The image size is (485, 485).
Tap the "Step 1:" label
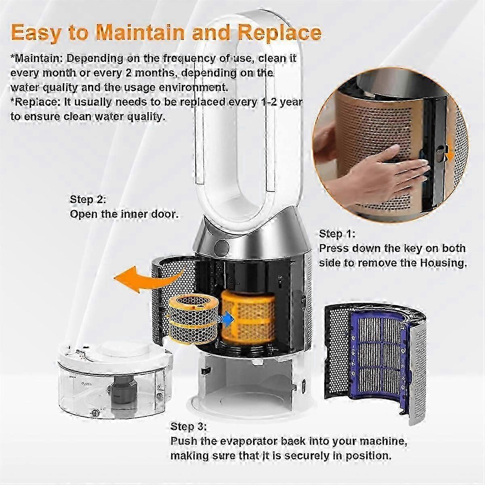tap(337, 234)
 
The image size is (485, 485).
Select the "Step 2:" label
tap(88, 200)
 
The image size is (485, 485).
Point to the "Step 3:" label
tap(189, 426)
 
